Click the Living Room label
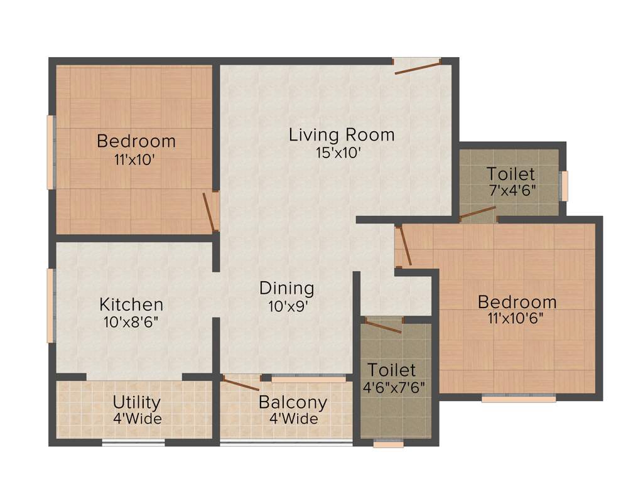(x=342, y=134)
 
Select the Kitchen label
(x=131, y=305)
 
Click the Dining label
(x=286, y=289)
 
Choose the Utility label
(x=136, y=402)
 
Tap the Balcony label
(x=293, y=402)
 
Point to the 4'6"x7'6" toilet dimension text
(x=392, y=387)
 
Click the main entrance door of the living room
(x=417, y=66)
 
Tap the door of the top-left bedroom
(x=209, y=212)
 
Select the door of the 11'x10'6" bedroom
(x=405, y=245)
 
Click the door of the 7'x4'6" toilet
(x=478, y=214)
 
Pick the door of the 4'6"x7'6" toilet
(x=382, y=326)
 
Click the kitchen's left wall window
(x=50, y=306)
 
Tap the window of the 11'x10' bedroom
(x=50, y=152)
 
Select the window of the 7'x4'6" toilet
(x=565, y=186)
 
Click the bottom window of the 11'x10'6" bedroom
(x=519, y=398)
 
